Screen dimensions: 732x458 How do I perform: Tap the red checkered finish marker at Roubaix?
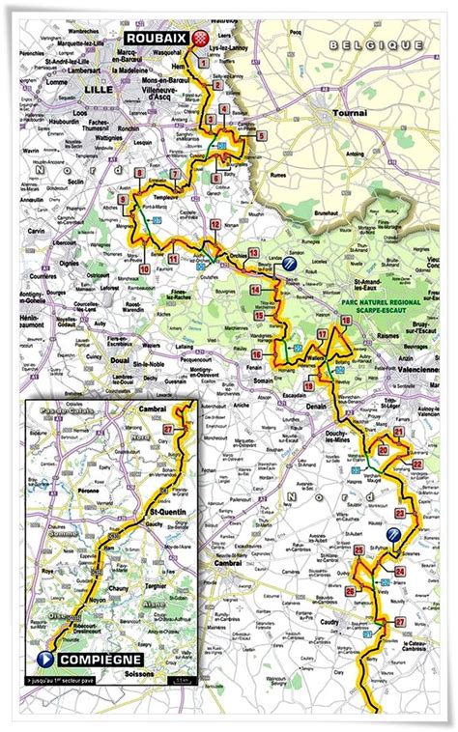pos(201,39)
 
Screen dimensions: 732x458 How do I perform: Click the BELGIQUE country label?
pos(375,44)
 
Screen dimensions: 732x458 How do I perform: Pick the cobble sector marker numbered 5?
pos(261,137)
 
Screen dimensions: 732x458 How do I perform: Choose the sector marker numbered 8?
pos(140,174)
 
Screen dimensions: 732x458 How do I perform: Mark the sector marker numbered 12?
pos(215,224)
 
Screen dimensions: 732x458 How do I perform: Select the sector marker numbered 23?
pos(400,514)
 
